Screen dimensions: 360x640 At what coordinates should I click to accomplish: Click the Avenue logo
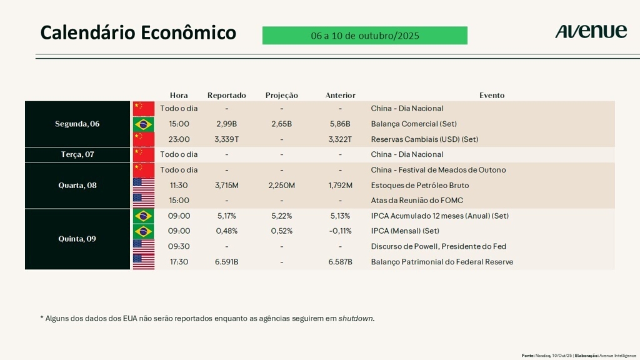pyautogui.click(x=591, y=32)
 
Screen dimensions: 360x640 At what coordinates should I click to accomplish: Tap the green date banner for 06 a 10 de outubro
pyautogui.click(x=364, y=36)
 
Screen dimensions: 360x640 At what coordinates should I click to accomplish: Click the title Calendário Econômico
pyautogui.click(x=138, y=32)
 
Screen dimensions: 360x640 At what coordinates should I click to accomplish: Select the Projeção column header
pyautogui.click(x=281, y=96)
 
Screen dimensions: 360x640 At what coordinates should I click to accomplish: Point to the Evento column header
pyautogui.click(x=492, y=96)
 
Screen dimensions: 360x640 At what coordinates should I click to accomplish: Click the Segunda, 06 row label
pyautogui.click(x=77, y=124)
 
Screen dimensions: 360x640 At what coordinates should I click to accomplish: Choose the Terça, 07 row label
pyautogui.click(x=77, y=154)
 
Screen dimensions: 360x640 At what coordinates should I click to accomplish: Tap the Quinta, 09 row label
pyautogui.click(x=77, y=239)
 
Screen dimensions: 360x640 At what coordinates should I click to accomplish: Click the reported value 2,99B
pyautogui.click(x=226, y=124)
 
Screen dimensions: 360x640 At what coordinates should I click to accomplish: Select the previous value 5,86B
pyautogui.click(x=340, y=124)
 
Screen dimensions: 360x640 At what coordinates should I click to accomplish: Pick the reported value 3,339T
pyautogui.click(x=226, y=139)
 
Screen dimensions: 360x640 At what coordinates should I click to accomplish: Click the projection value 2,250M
pyautogui.click(x=281, y=185)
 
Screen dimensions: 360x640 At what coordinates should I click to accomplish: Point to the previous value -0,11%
pyautogui.click(x=340, y=231)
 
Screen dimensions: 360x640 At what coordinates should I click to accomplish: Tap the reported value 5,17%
pyautogui.click(x=226, y=216)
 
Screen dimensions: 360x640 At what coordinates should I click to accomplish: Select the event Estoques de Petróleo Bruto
pyautogui.click(x=419, y=185)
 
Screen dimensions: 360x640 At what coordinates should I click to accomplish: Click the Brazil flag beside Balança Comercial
pyautogui.click(x=144, y=124)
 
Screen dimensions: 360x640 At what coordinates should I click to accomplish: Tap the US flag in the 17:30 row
pyautogui.click(x=144, y=262)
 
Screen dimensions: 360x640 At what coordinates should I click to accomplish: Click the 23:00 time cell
pyautogui.click(x=179, y=139)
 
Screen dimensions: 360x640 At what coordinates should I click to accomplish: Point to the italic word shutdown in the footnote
pyautogui.click(x=356, y=318)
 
